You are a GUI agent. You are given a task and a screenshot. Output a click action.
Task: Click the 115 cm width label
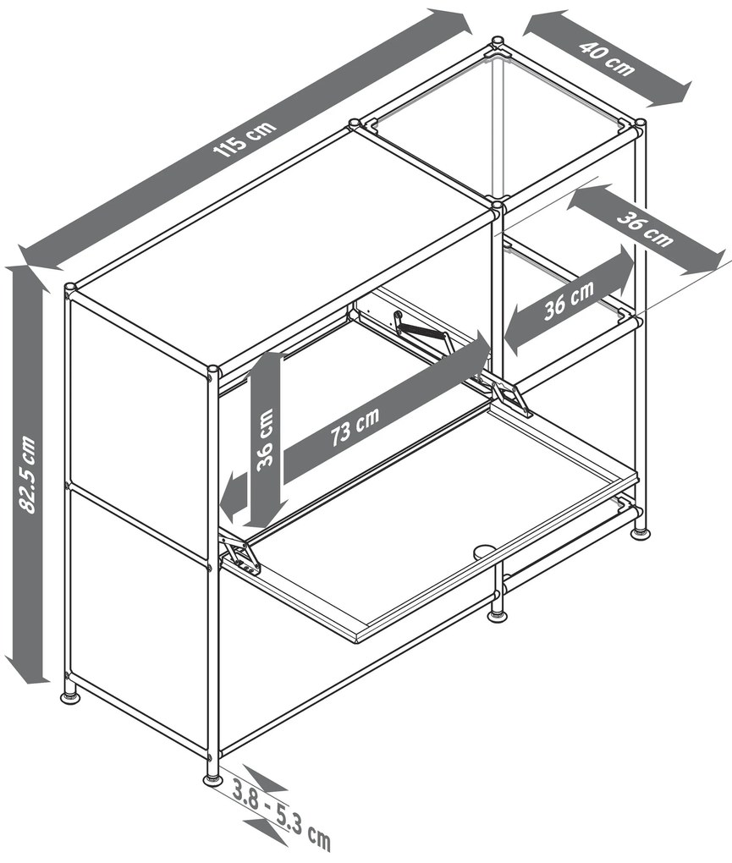[x=245, y=139]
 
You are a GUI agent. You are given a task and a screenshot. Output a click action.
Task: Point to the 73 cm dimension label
[x=355, y=426]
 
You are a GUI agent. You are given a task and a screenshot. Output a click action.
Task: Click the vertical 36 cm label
[x=266, y=438]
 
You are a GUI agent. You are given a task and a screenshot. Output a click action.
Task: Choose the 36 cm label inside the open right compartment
[x=569, y=300]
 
